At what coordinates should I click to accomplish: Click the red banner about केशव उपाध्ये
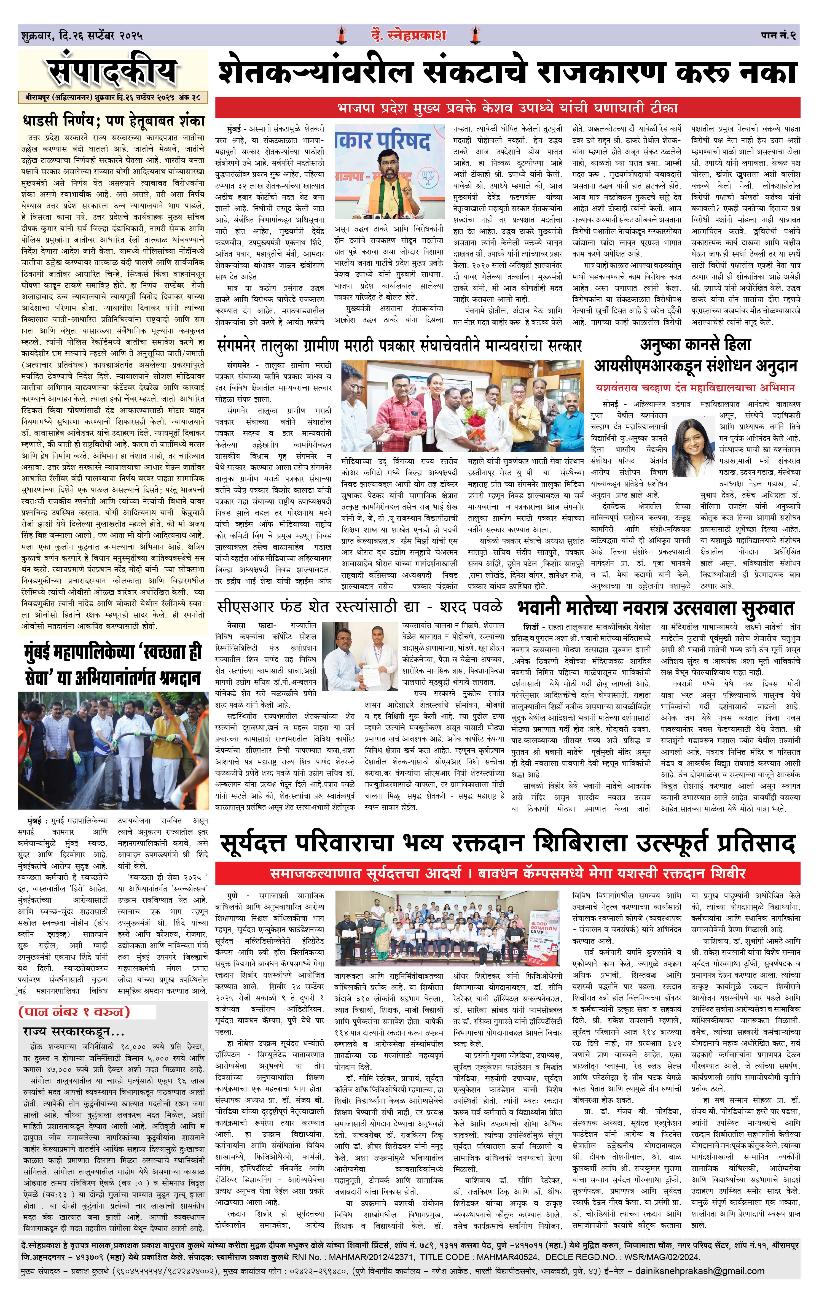[507, 107]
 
